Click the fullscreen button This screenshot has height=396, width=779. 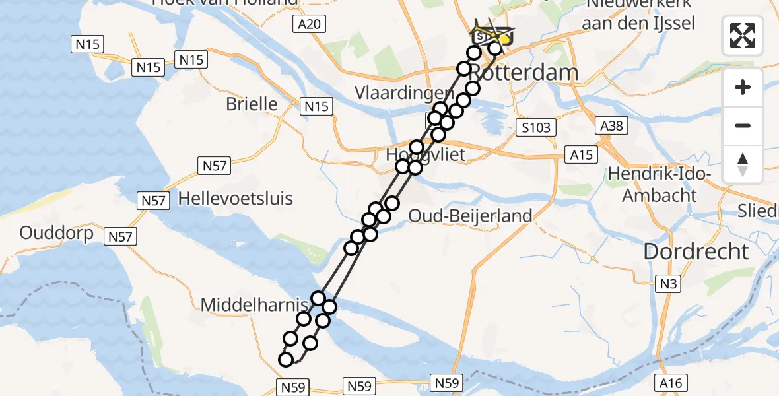pyautogui.click(x=743, y=35)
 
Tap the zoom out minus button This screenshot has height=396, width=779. pyautogui.click(x=743, y=125)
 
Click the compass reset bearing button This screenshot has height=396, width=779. pyautogui.click(x=743, y=164)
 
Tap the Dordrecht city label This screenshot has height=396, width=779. pyautogui.click(x=696, y=251)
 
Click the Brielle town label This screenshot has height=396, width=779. pyautogui.click(x=252, y=104)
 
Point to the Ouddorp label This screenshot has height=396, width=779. pyautogui.click(x=55, y=233)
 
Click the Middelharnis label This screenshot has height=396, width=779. pyautogui.click(x=254, y=304)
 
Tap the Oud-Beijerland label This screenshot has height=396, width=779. pyautogui.click(x=470, y=216)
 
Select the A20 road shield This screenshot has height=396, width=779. pyautogui.click(x=308, y=24)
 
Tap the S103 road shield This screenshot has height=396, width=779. pyautogui.click(x=535, y=127)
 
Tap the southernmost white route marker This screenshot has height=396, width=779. pyautogui.click(x=286, y=360)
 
